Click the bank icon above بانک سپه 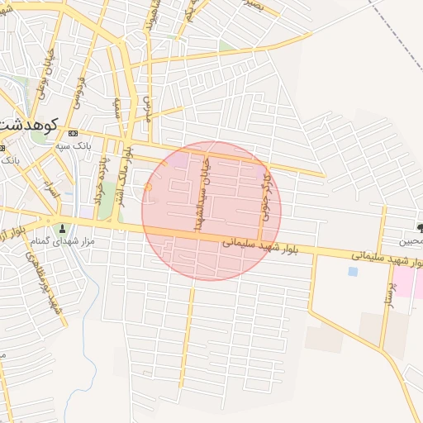point(74,133)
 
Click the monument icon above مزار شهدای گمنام point(62,228)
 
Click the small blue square point(354,271)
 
